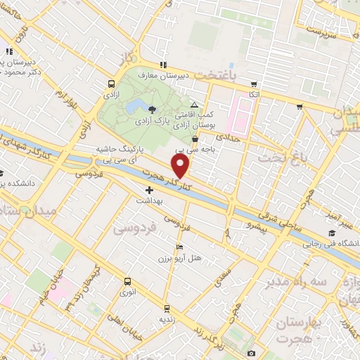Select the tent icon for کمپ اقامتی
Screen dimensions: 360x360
pos(194,104)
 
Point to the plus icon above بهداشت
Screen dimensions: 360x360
pos(149,190)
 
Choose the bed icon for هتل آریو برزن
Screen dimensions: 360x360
pos(179,247)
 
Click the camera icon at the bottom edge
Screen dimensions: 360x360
pos(251,353)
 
